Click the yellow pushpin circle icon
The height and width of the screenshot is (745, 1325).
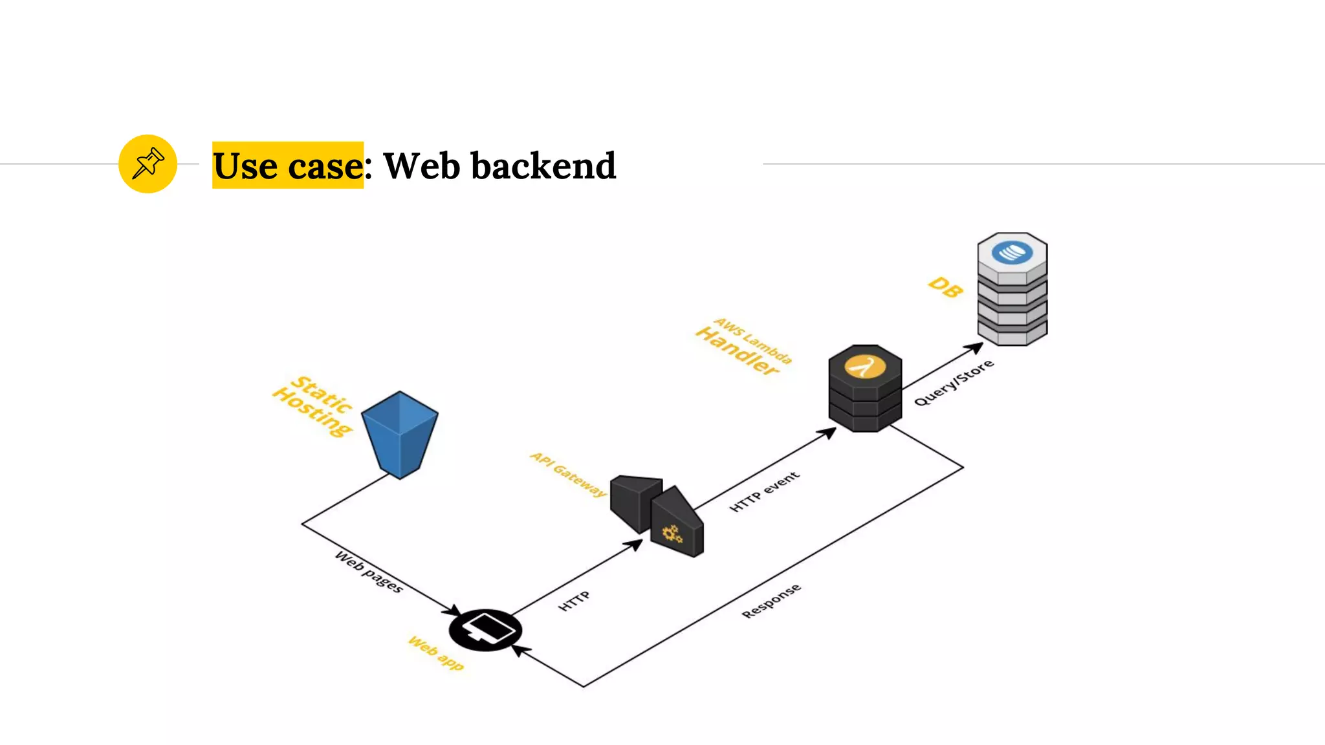(148, 164)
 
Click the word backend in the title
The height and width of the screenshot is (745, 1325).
(543, 166)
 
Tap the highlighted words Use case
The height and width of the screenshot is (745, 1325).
(288, 166)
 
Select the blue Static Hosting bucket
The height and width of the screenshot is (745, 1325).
(399, 434)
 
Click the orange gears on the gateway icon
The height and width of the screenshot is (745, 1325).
(672, 534)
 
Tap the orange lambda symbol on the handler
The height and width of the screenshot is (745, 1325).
(865, 367)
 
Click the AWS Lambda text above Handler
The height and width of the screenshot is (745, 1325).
(753, 340)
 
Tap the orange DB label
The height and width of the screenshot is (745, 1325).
(945, 287)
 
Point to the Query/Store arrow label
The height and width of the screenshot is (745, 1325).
(954, 383)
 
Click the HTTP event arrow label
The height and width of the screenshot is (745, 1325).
(765, 491)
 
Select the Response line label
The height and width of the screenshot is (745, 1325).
(771, 601)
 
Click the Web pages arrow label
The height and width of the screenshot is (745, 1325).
(369, 572)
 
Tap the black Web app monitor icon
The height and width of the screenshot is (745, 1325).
(485, 629)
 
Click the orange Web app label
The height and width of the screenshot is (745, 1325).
(436, 653)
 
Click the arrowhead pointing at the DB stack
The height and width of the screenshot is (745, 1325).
(975, 348)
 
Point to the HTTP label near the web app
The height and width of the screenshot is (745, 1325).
(574, 601)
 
